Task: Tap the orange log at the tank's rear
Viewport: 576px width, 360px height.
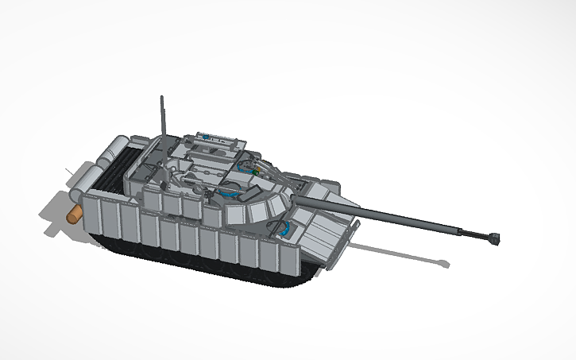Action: pyautogui.click(x=74, y=214)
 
